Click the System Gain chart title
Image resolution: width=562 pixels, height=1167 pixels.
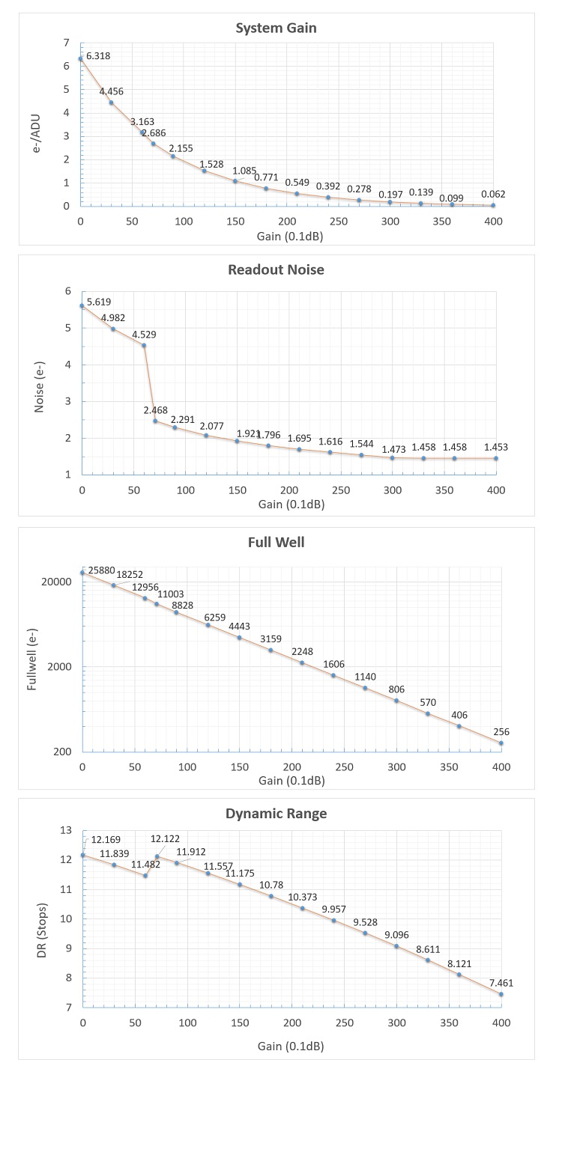[276, 28]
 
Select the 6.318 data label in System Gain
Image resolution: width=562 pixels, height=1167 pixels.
[98, 55]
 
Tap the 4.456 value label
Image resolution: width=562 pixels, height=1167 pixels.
[112, 91]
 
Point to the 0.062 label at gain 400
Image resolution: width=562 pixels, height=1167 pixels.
[493, 194]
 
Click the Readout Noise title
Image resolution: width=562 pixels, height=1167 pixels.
[276, 269]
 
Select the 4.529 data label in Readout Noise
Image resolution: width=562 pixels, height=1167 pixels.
[144, 335]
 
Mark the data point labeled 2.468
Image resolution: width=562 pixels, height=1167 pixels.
[155, 421]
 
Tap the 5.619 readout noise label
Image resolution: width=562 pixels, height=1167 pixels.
[99, 302]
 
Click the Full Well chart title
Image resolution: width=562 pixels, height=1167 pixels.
[276, 542]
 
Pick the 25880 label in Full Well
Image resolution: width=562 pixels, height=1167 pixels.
[102, 570]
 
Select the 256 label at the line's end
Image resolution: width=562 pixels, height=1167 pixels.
[501, 732]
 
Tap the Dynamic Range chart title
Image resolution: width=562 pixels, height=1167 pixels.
[276, 814]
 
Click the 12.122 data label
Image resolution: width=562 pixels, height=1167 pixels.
[165, 839]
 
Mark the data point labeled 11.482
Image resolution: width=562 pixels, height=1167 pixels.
[145, 876]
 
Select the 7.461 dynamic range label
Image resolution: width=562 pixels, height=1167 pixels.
[501, 983]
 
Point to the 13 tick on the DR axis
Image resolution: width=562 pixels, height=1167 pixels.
[65, 830]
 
